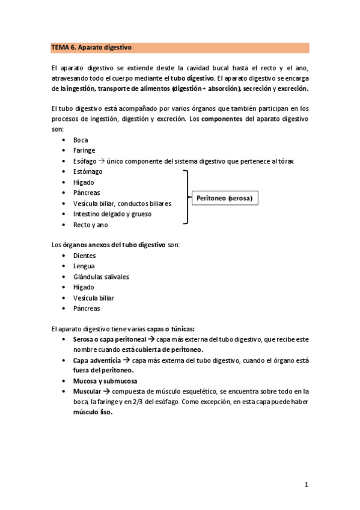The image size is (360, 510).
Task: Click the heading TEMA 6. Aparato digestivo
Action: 91,47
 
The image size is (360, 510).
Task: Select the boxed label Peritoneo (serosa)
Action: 224,198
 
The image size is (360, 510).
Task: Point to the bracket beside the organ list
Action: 186,197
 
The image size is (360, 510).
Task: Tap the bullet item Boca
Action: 80,140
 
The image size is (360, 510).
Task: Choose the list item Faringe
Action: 84,150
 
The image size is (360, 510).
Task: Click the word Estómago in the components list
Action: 88,171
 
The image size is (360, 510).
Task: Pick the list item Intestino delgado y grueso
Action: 112,214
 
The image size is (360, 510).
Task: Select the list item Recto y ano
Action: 90,224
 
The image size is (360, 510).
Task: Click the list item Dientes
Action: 84,256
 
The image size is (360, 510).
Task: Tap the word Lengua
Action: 84,266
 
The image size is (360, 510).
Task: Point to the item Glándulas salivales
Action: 100,277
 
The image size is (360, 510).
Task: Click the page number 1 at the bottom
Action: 306,484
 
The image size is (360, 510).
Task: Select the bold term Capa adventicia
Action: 96,360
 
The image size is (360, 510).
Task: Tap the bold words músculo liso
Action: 93,413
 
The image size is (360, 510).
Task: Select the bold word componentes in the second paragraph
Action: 222,119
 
